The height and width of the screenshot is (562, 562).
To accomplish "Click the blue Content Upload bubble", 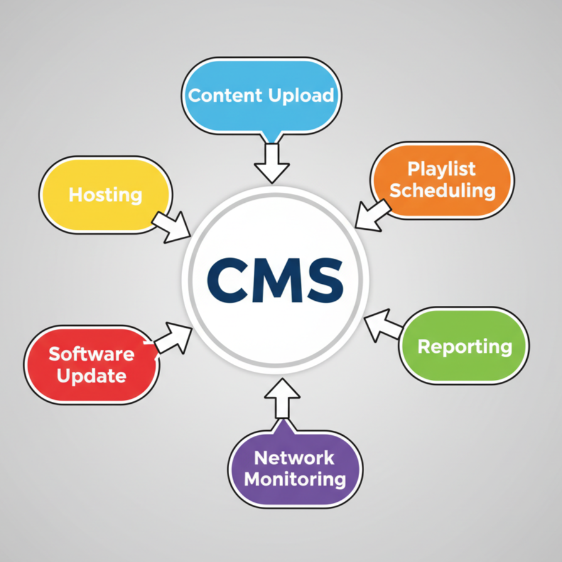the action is pyautogui.click(x=262, y=96).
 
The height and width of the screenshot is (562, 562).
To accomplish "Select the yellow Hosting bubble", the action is pyautogui.click(x=105, y=195).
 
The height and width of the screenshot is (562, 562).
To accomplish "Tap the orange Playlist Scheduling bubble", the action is pyautogui.click(x=442, y=180).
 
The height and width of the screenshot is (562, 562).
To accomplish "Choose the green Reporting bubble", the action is pyautogui.click(x=464, y=346).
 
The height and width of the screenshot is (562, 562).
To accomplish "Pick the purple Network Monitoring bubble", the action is pyautogui.click(x=295, y=468).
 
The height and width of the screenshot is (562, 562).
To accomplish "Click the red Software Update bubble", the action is pyautogui.click(x=92, y=365).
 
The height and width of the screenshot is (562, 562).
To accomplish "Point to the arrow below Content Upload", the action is pyautogui.click(x=272, y=163).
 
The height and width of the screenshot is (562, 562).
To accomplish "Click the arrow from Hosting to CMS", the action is pyautogui.click(x=171, y=227).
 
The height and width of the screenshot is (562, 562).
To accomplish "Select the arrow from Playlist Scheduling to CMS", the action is pyautogui.click(x=373, y=215).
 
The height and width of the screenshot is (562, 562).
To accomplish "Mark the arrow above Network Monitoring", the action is pyautogui.click(x=282, y=398).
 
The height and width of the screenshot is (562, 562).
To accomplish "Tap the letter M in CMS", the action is pyautogui.click(x=277, y=280).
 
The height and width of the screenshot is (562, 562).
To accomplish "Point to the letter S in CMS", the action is pyautogui.click(x=324, y=280).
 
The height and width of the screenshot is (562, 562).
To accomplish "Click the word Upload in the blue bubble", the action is pyautogui.click(x=301, y=96).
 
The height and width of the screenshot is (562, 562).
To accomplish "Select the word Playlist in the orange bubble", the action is pyautogui.click(x=441, y=169).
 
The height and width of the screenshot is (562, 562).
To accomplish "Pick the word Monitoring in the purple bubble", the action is pyautogui.click(x=295, y=480).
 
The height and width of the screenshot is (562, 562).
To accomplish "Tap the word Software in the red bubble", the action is pyautogui.click(x=92, y=354).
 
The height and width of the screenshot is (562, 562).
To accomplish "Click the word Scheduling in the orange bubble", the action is pyautogui.click(x=443, y=191).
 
